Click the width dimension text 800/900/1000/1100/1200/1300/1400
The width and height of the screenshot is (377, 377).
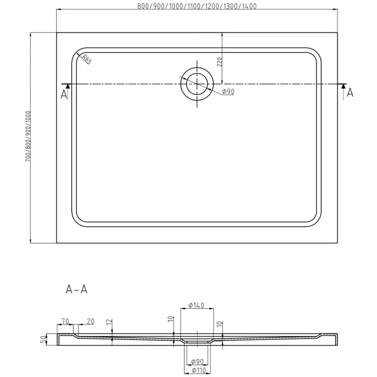[197, 6]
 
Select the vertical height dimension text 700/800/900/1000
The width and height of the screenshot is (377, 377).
[28, 137]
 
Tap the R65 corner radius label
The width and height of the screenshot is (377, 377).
[87, 59]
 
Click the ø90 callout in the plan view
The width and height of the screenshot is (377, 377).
[228, 92]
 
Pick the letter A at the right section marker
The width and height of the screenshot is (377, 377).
[350, 93]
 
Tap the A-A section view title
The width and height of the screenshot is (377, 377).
[76, 289]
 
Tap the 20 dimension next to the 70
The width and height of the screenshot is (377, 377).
[90, 321]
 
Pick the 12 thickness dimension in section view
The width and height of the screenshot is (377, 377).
[108, 322]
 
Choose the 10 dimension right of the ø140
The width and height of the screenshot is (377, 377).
[219, 324]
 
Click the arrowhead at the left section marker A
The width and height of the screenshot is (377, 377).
[67, 86]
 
